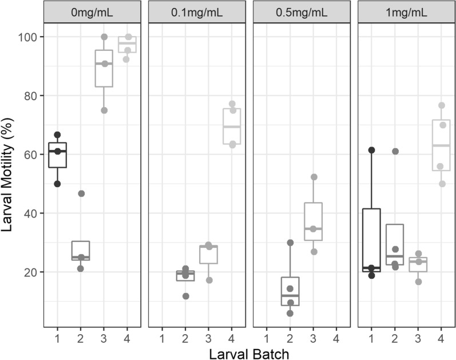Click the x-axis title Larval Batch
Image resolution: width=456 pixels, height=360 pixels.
tap(249, 351)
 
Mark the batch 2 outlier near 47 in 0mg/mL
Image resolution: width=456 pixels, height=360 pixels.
tap(81, 193)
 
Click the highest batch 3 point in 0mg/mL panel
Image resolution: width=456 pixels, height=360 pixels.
tap(104, 37)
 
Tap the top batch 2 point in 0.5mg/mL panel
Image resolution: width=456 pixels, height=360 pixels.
tap(290, 243)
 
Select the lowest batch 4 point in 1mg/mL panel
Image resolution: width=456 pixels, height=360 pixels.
tap(441, 184)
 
